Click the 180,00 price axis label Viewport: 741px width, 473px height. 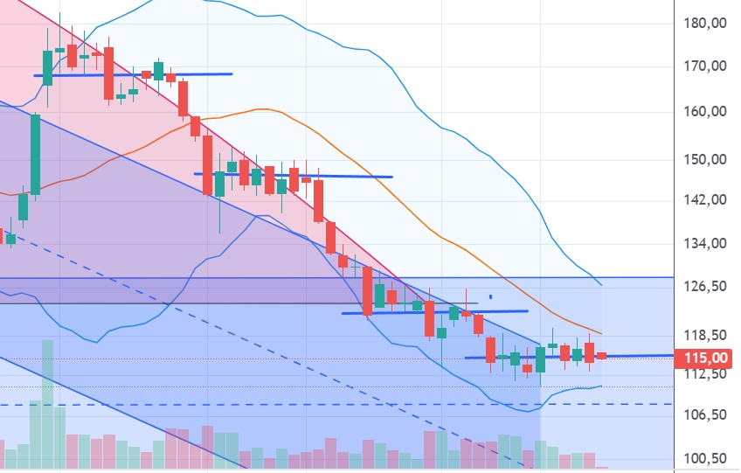[707, 24]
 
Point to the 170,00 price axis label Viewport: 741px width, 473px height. [707, 66]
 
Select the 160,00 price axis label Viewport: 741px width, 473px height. [707, 112]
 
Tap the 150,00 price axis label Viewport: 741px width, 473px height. [707, 160]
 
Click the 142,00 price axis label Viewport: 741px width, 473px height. [707, 199]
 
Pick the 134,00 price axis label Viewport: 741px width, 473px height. [707, 244]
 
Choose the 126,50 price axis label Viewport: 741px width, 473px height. [707, 287]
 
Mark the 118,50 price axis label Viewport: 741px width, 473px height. [707, 336]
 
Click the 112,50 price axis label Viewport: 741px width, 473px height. [707, 374]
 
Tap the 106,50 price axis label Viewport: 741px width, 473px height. [707, 415]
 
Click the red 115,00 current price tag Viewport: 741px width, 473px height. [707, 358]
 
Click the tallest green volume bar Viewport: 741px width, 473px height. [47, 407]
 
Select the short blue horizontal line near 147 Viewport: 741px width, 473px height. [293, 175]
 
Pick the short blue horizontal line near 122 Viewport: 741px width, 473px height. [434, 311]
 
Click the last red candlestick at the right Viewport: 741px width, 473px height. [602, 354]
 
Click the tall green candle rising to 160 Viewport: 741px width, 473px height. [36, 153]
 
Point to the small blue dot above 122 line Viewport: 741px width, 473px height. [490, 297]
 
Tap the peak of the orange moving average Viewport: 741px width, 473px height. [260, 108]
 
